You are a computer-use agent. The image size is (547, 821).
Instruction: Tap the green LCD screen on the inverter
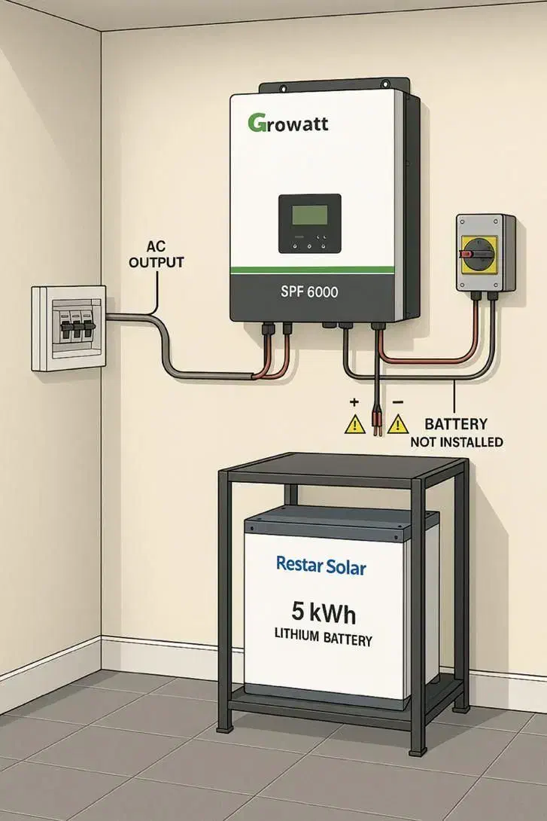(x=309, y=212)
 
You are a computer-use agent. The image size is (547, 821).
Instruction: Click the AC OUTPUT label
(x=157, y=255)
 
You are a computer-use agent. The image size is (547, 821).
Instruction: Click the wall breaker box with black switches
(x=68, y=328)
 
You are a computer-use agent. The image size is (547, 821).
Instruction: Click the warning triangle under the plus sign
(x=354, y=425)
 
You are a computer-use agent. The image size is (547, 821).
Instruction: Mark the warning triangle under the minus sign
(x=398, y=425)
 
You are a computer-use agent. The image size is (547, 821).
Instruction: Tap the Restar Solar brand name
(x=321, y=565)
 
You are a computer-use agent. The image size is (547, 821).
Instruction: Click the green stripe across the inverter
(x=311, y=269)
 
